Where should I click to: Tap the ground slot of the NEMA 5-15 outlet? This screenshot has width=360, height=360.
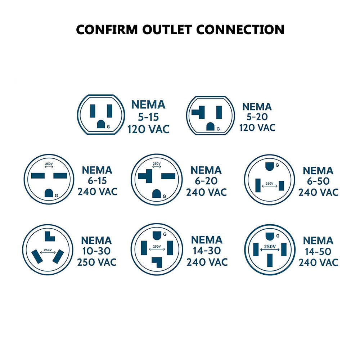[x=101, y=124]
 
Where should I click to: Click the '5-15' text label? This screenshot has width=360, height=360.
[x=148, y=117]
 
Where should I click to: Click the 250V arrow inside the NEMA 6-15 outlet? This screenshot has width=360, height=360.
[x=49, y=167]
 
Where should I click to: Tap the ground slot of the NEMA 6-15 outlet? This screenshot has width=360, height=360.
[x=49, y=193]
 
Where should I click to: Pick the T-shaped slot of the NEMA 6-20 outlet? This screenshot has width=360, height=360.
[x=146, y=176]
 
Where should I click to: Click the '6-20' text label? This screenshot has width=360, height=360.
[x=206, y=181]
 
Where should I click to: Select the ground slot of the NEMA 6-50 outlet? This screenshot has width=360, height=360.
[x=269, y=166]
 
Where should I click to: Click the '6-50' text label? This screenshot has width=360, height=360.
[x=318, y=181]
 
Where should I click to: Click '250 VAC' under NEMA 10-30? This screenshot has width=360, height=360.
[x=97, y=262]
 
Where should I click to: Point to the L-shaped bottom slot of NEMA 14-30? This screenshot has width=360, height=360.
[x=157, y=261]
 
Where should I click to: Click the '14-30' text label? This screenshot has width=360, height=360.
[x=207, y=251]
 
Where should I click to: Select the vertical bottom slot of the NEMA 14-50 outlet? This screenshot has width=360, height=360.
[x=269, y=261]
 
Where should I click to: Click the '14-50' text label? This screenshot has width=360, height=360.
[x=318, y=252]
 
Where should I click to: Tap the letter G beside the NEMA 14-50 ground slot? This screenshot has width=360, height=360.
[x=278, y=235]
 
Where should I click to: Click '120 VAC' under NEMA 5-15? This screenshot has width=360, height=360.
[x=148, y=129]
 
